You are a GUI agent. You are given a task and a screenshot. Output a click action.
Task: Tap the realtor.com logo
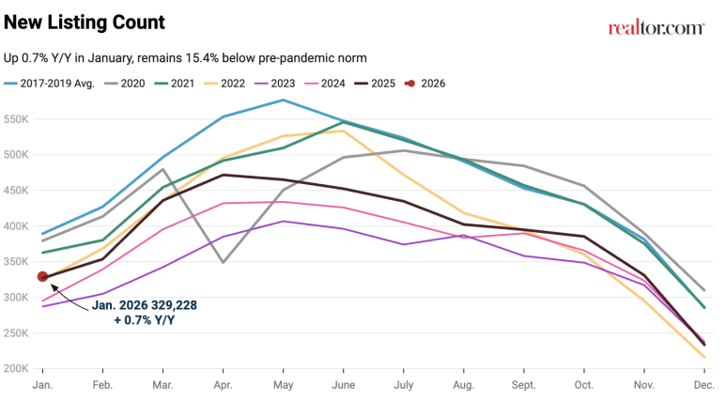coord(656,28)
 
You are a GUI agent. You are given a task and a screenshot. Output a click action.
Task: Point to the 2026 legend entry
coord(425,83)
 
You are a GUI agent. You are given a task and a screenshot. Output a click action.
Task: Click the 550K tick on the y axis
coord(19,119)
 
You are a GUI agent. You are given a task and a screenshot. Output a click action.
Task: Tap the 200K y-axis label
coord(19,368)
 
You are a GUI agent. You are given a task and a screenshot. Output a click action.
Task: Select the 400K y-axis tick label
coord(19,226)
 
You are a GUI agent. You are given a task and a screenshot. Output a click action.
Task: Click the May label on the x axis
coord(283,385)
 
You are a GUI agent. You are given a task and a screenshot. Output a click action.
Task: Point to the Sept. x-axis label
coord(524,385)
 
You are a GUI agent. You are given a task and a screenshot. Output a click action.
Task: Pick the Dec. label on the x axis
coord(704,385)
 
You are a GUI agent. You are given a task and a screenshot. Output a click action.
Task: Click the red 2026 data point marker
coord(42,276)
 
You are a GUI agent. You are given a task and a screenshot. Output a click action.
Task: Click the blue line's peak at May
coord(283,100)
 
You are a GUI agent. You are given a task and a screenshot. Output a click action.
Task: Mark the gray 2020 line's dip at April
coord(223,262)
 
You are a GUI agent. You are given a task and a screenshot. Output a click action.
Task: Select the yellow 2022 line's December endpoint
coord(704,357)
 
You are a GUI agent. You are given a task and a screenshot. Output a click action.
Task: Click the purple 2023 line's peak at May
coord(283,222)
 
